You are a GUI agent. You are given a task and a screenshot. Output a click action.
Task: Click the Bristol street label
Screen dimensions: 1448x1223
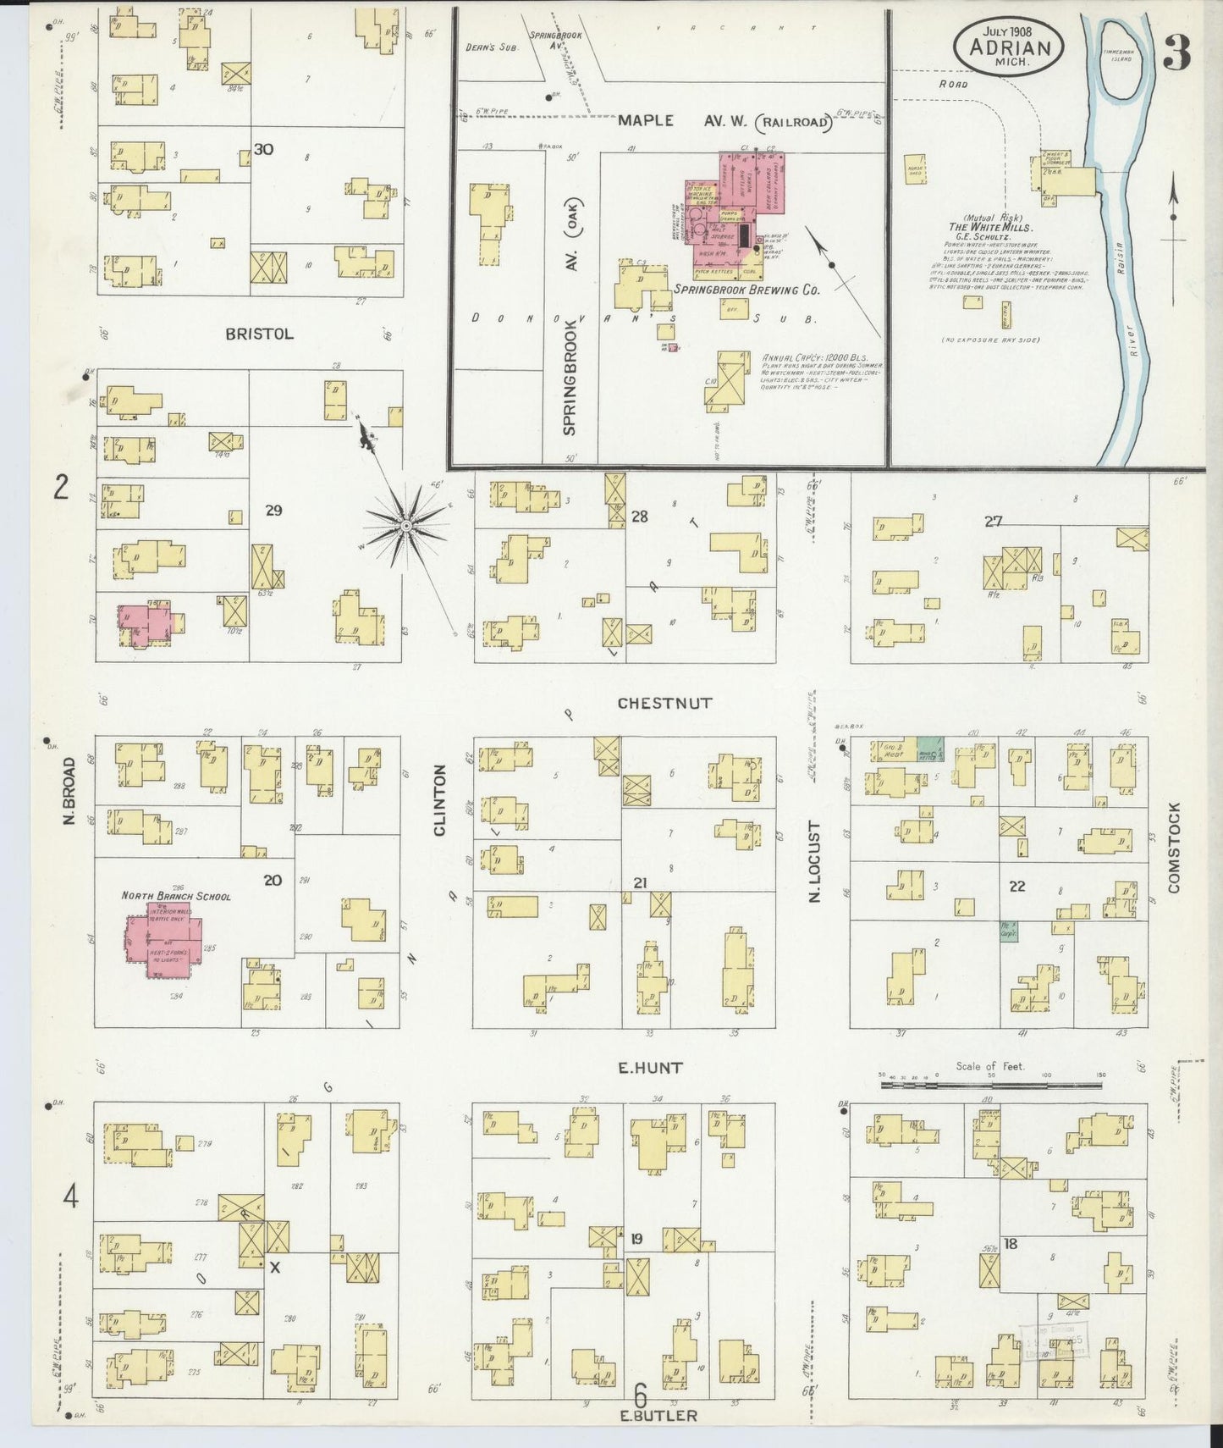tap(259, 334)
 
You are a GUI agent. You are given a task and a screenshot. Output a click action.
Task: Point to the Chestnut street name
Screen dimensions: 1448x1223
tap(664, 703)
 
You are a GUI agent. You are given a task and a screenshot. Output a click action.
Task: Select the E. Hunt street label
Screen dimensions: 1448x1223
tap(650, 1068)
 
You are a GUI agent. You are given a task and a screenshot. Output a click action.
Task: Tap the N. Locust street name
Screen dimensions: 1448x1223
tap(815, 860)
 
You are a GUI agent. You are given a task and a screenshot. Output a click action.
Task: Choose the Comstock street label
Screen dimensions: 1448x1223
tap(1173, 848)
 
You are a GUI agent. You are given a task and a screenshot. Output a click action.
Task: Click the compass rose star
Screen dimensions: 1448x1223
tap(406, 526)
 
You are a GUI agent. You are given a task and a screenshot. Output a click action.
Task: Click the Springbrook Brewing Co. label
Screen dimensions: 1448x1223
tap(747, 290)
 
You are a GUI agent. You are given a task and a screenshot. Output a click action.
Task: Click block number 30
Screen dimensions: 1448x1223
tap(263, 149)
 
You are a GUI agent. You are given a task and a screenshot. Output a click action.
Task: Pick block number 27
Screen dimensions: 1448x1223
tap(993, 522)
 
